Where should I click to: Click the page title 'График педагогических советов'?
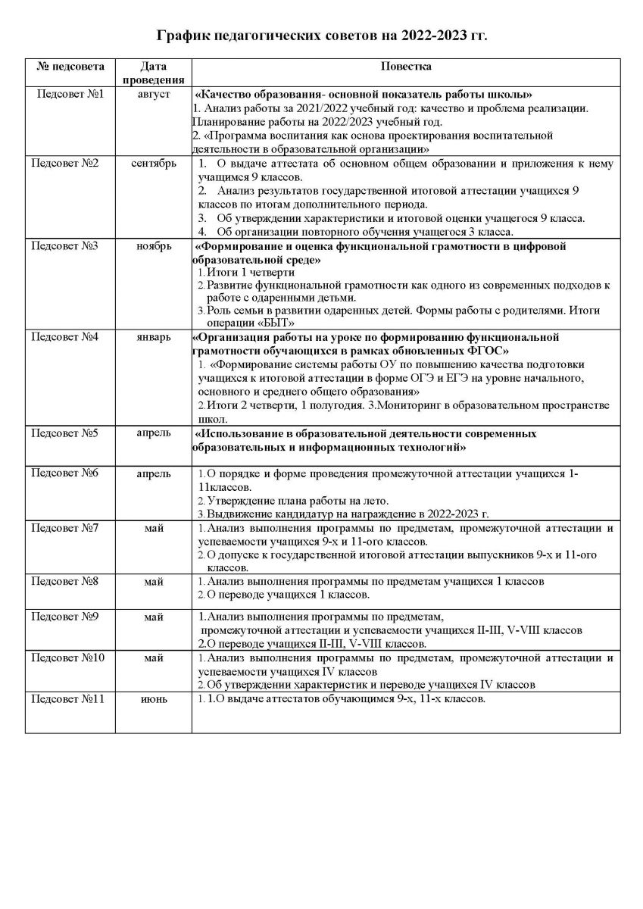[322, 36]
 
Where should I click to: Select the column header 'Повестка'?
[406, 67]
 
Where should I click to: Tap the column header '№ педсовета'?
[70, 67]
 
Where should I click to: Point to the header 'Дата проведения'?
[154, 73]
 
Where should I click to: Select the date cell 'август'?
[154, 94]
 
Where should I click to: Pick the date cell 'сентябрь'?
[154, 163]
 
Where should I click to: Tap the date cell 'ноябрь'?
[154, 246]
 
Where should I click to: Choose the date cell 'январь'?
[154, 336]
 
